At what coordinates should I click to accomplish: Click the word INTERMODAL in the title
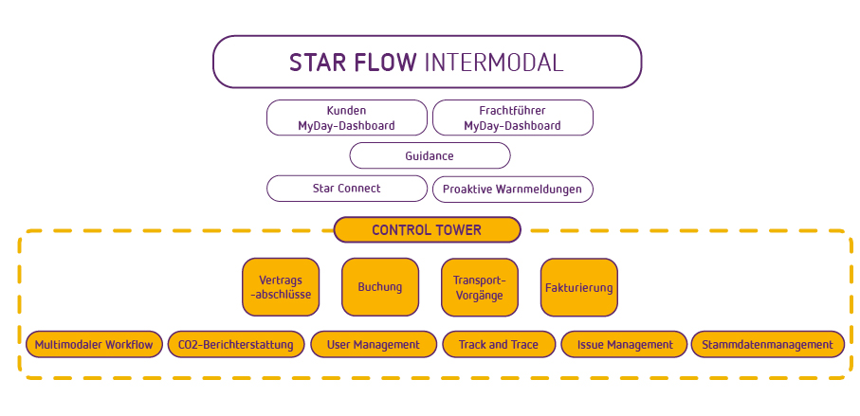pos(494,63)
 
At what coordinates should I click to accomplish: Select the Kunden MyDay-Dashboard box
pos(347,118)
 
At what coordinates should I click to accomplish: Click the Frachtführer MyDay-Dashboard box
pos(513,118)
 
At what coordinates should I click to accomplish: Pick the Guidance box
pos(430,155)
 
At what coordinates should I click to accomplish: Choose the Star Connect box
pos(347,189)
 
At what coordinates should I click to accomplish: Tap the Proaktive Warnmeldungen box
pos(513,190)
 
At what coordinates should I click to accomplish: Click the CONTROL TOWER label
pos(427,229)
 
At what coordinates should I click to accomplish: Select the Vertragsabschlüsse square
pos(281,287)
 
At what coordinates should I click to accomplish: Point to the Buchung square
pos(380,287)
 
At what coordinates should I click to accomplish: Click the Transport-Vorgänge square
pos(480,287)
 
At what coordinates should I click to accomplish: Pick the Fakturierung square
pos(579,287)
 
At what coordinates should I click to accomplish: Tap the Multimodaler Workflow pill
pos(94,344)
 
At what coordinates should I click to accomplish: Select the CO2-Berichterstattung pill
pos(236,344)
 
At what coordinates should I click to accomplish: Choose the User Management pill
pos(374,344)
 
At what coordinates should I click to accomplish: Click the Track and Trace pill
pos(499,344)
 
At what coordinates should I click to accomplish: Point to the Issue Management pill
pos(624,344)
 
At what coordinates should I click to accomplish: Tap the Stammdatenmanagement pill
pos(768,344)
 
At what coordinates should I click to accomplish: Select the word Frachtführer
pos(512,111)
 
